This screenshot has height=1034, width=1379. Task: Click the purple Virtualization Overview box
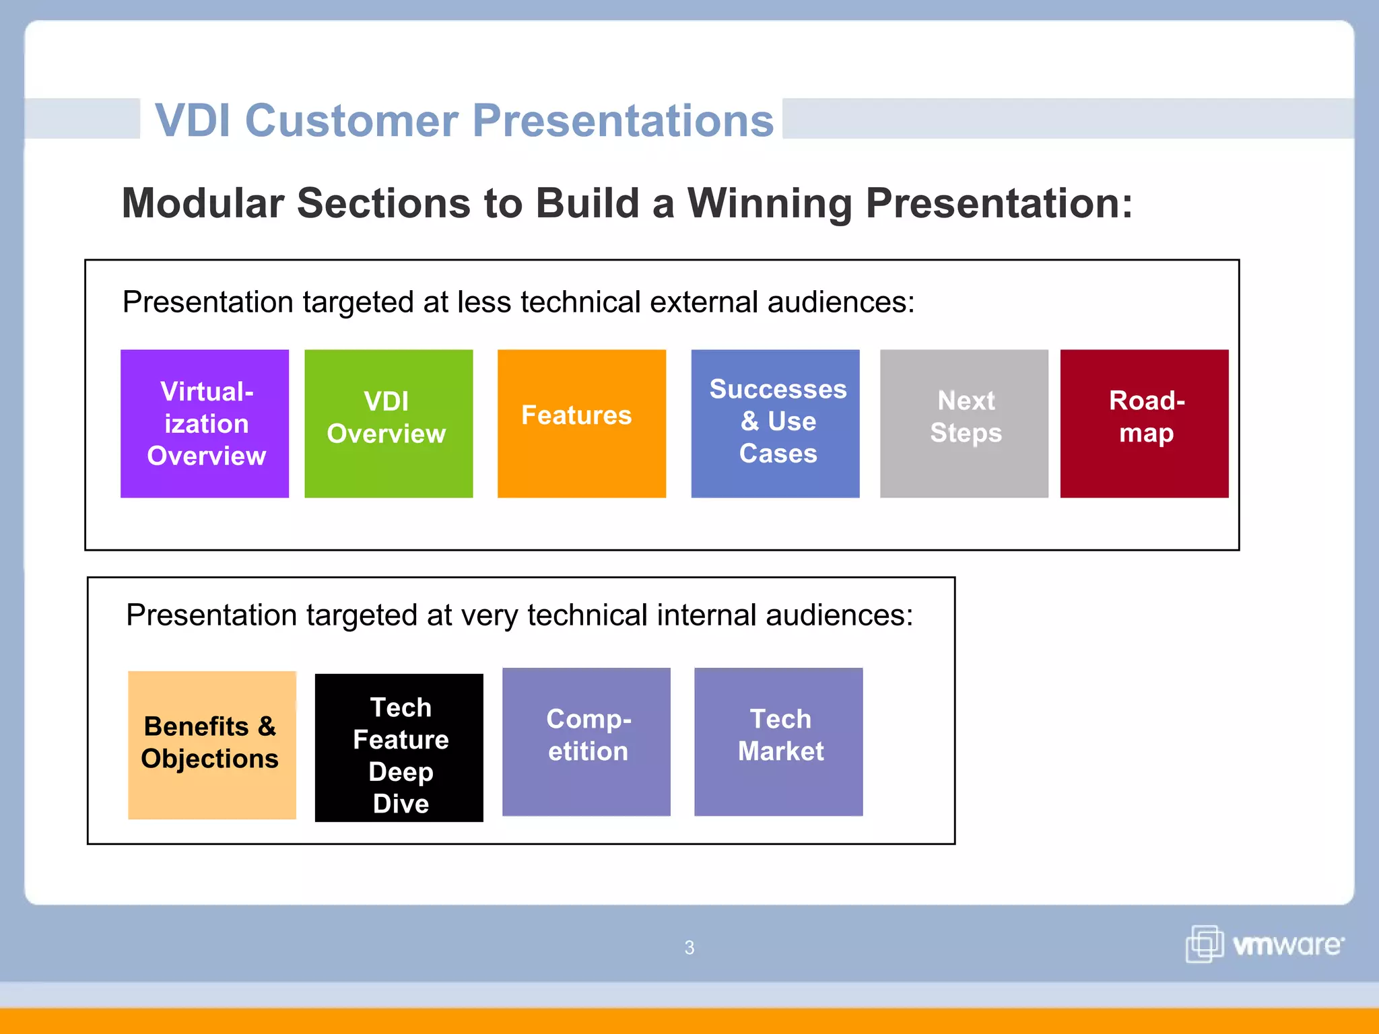205,423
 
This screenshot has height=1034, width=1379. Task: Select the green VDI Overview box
389,423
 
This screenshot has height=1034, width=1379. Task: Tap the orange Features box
581,423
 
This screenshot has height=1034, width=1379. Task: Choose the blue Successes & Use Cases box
775,423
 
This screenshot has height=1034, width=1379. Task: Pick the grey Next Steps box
964,423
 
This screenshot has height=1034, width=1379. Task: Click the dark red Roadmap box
1144,423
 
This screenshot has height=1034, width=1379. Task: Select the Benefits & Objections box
212,745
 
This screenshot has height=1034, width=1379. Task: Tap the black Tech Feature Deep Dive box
399,747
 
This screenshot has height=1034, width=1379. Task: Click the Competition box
586,742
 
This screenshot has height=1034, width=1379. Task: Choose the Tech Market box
778,742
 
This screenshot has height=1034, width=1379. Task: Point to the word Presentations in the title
623,120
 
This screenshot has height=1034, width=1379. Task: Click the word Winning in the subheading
769,203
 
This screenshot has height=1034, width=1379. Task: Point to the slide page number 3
689,948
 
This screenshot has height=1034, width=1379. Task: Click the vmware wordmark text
1287,945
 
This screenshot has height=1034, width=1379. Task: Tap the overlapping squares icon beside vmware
1204,944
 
